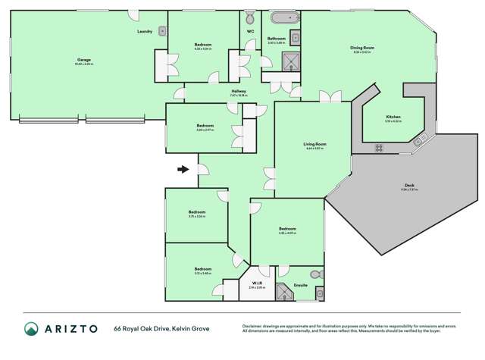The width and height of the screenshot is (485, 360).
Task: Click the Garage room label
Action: point(84,59)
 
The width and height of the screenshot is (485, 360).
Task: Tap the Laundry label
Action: point(145,31)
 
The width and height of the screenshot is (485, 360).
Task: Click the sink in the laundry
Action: point(162,31)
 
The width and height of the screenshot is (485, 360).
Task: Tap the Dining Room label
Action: point(361,48)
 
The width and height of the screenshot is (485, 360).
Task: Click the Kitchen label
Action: point(393,117)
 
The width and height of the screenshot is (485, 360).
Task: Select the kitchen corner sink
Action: point(422,138)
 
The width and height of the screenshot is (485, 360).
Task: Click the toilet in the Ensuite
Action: point(317,274)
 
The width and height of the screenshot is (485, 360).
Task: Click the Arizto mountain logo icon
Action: point(31,330)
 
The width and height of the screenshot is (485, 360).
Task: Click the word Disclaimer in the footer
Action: point(255,326)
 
